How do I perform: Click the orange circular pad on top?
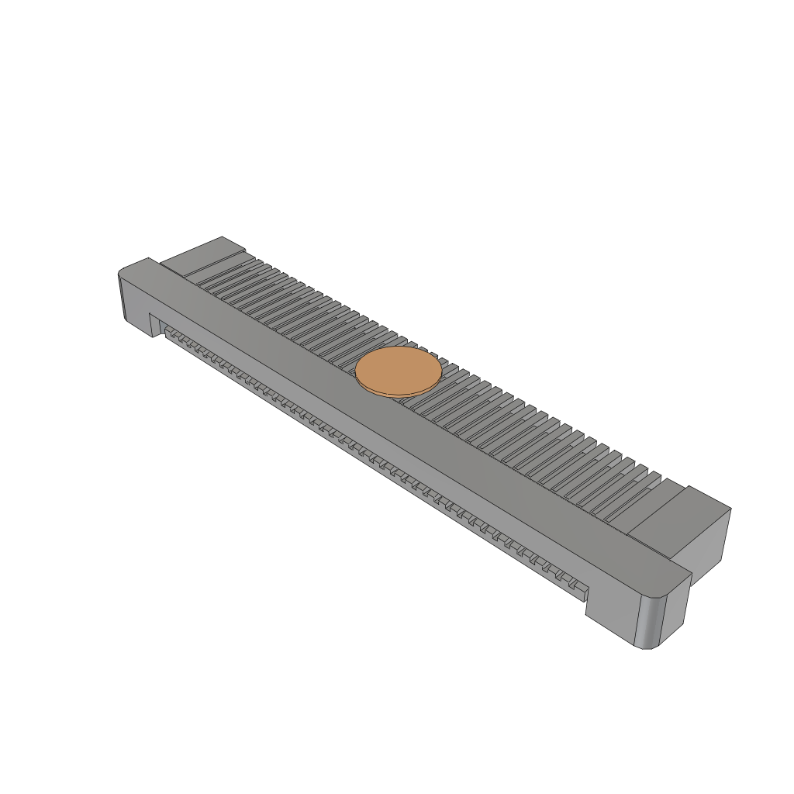pos(399,370)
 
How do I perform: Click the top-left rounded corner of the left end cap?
pos(123,272)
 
